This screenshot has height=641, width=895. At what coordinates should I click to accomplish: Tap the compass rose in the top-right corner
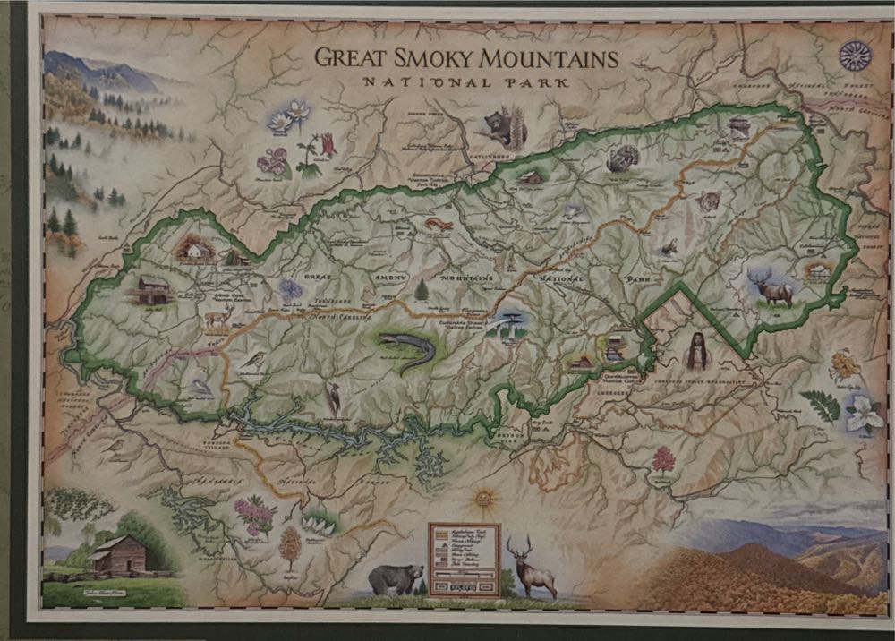point(855,56)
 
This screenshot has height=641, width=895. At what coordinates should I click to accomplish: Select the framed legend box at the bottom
point(464,560)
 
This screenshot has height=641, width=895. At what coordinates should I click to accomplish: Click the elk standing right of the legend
point(531,567)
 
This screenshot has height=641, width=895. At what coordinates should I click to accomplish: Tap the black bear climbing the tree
point(501,128)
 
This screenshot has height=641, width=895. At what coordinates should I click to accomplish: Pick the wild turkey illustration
point(622,158)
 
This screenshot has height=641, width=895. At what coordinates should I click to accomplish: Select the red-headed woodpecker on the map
point(333,398)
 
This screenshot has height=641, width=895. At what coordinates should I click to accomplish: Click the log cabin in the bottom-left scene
point(115,555)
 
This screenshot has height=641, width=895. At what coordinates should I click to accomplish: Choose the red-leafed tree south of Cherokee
point(663,460)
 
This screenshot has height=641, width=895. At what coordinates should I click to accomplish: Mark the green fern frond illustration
point(820,405)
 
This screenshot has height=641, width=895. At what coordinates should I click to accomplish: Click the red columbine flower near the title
point(328,144)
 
